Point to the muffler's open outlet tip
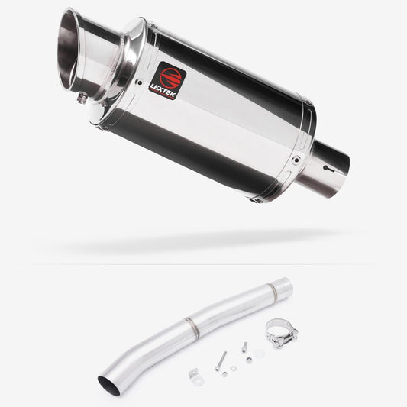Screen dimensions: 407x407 pos(77,45)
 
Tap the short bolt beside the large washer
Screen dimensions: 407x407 pos(244,347)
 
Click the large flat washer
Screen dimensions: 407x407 pos(260,353)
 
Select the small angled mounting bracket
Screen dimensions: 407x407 pos(194,374)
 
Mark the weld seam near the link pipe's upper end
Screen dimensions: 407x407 pos(271,291)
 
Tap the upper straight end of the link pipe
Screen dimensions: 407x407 pos(284,284)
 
